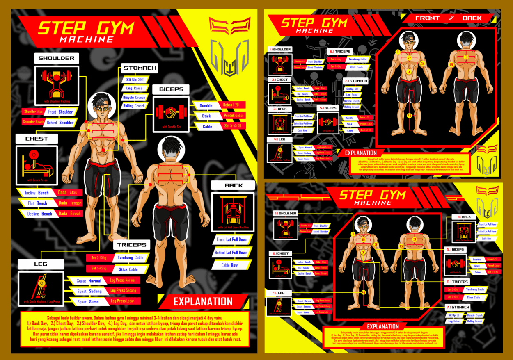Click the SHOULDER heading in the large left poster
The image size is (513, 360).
pos(57,58)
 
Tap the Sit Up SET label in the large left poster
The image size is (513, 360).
pos(135,80)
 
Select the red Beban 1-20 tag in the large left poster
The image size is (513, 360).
pos(232,105)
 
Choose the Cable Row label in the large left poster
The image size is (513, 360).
pos(230,265)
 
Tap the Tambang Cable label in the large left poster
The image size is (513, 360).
pos(130,258)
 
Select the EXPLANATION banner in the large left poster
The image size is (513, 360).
pos(203,302)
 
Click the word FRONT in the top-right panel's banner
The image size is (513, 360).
pos(427,18)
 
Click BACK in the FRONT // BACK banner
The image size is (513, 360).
pos(472,18)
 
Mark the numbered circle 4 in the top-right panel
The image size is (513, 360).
pos(409,116)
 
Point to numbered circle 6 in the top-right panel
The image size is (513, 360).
pos(451,64)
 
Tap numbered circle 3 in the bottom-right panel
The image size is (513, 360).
pos(415,239)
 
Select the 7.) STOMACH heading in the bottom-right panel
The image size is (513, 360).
pos(458,307)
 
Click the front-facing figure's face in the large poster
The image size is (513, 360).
pos(101,110)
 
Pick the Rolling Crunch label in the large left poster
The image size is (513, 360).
pos(134,106)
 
